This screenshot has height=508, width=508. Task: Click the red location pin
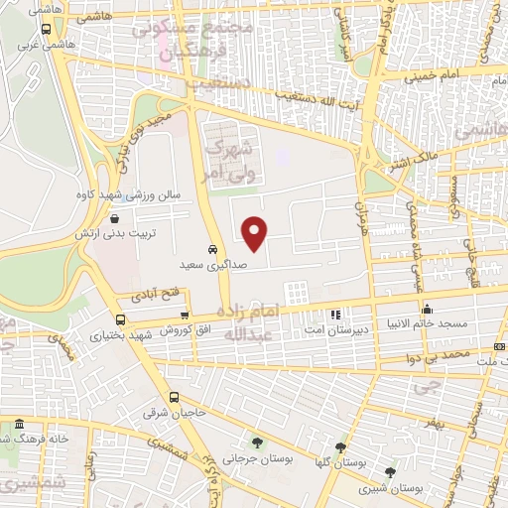pyautogui.click(x=256, y=232)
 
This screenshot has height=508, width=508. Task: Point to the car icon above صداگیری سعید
pyautogui.click(x=212, y=249)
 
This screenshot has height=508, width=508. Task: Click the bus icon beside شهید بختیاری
pyautogui.click(x=121, y=319)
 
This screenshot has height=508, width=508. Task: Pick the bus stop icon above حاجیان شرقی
pyautogui.click(x=174, y=397)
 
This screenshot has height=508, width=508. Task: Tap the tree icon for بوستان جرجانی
pyautogui.click(x=258, y=444)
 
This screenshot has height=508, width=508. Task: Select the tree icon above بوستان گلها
pyautogui.click(x=342, y=448)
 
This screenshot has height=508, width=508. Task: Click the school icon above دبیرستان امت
pyautogui.click(x=334, y=314)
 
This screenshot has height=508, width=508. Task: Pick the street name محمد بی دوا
pyautogui.click(x=442, y=354)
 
